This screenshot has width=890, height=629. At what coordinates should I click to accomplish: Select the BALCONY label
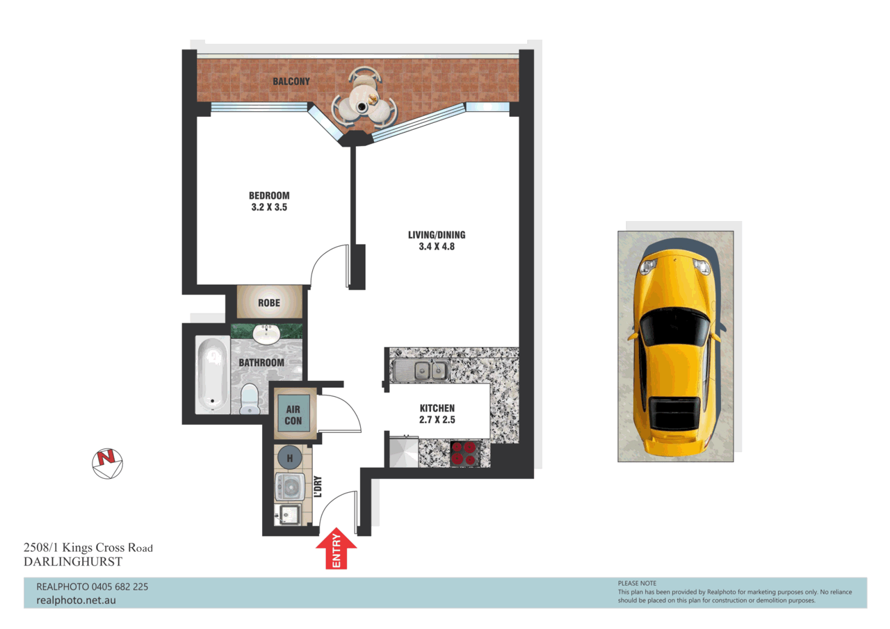(x=291, y=82)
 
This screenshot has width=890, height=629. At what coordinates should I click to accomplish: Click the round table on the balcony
(x=364, y=106)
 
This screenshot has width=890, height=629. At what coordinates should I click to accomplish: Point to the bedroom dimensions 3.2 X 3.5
(x=269, y=206)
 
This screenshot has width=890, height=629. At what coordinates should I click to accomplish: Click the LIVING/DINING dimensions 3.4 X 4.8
(x=436, y=246)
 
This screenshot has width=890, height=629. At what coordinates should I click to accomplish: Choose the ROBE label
(x=269, y=303)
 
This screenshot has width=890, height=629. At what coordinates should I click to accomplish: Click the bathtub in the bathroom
(x=213, y=375)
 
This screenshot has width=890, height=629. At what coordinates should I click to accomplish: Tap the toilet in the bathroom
(x=249, y=401)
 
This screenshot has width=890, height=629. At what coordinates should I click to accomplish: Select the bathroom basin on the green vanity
(x=265, y=334)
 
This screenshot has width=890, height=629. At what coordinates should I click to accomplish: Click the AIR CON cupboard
(x=293, y=416)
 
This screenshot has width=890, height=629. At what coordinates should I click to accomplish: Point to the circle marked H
(x=289, y=458)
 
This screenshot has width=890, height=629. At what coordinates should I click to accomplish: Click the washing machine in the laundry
(x=290, y=487)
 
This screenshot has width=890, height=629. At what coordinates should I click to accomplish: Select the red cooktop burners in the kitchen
(x=464, y=452)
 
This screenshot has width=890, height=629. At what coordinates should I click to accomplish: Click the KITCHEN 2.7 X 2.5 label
(x=437, y=414)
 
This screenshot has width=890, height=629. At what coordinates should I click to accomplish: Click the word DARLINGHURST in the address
(x=73, y=562)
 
